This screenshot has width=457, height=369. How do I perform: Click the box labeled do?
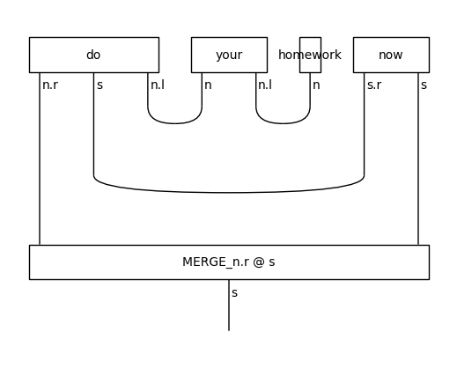pos(93,55)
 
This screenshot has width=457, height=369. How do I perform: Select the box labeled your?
pos(229,55)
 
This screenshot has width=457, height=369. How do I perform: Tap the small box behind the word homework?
pos(310,55)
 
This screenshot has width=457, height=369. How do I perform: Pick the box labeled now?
pos(391,55)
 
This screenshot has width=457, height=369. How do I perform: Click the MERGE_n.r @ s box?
pos(229,262)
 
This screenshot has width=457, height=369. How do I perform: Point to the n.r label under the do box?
pos(50,85)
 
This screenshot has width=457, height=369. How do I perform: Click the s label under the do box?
pos(100,85)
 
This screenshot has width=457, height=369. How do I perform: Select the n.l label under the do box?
pos(158,85)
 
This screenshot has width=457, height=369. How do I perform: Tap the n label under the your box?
pos(208,85)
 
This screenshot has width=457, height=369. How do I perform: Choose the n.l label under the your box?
pos(265,85)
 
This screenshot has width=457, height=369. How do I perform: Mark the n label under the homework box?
pos(316,85)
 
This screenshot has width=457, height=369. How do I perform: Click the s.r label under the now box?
pos(373,85)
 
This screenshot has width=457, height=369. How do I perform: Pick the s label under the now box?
pos(424,85)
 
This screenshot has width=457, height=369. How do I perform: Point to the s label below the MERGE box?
pos(234,292)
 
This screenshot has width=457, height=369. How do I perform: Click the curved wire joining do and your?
pos(175,123)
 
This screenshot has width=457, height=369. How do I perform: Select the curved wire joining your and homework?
pos(283,123)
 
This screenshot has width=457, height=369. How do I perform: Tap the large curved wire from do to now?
pos(229,192)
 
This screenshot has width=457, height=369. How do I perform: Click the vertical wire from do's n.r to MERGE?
pos(40,176)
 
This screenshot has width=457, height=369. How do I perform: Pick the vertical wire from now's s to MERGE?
pos(418,176)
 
